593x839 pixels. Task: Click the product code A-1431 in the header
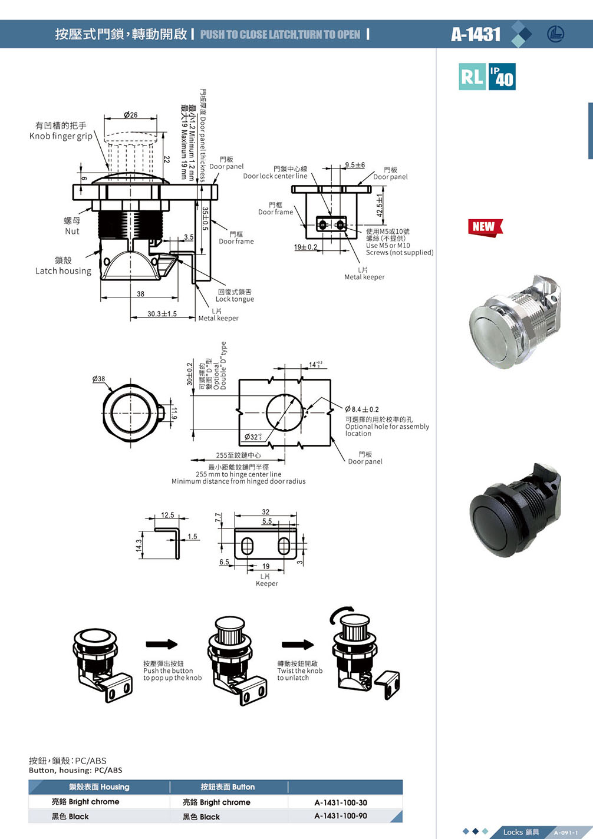point(476,34)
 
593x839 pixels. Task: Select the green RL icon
point(472,77)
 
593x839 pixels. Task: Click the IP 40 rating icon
point(502,77)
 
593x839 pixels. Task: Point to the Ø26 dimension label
point(131,114)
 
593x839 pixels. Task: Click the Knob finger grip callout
point(61,131)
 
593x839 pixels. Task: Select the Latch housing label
point(63,266)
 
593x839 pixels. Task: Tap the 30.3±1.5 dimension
point(162,314)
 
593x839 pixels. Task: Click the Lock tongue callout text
point(235,296)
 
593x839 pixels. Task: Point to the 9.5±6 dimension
point(355,165)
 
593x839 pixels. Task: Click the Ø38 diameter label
point(98,379)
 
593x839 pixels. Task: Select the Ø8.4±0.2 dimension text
point(362,409)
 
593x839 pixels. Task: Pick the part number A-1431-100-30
point(341,802)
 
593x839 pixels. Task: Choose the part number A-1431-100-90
point(341,816)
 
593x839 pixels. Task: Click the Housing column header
point(99,787)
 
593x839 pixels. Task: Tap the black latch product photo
point(515,510)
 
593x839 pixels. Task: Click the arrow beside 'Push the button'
point(162,644)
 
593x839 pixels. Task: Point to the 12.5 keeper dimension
point(167,515)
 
